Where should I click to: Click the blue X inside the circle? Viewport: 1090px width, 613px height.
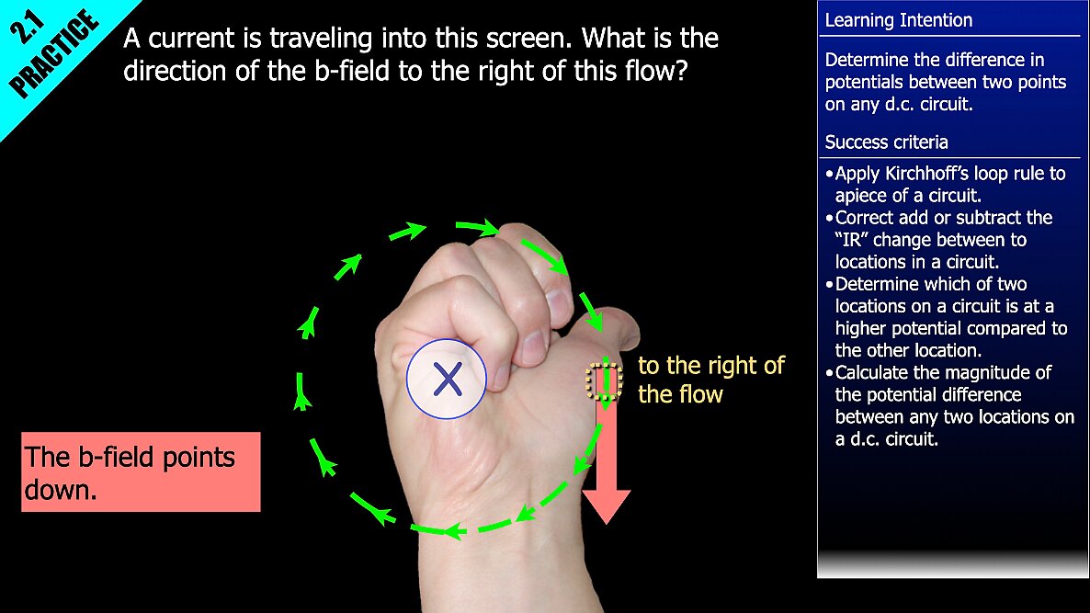pyautogui.click(x=447, y=380)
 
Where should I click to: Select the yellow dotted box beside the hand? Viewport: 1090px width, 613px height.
pyautogui.click(x=604, y=381)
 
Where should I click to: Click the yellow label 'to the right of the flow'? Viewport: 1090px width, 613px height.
pyautogui.click(x=711, y=380)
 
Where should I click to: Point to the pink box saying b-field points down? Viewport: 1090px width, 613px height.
pyautogui.click(x=142, y=471)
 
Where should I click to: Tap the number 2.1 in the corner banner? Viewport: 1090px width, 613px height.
pyautogui.click(x=27, y=27)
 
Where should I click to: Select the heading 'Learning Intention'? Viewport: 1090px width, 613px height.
pyautogui.click(x=898, y=20)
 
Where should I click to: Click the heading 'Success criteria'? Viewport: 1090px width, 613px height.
pyautogui.click(x=886, y=142)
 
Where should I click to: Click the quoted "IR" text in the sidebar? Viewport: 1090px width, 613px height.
pyautogui.click(x=851, y=240)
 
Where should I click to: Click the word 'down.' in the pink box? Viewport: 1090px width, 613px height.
pyautogui.click(x=61, y=490)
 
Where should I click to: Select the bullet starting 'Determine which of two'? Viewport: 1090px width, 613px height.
pyautogui.click(x=947, y=317)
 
